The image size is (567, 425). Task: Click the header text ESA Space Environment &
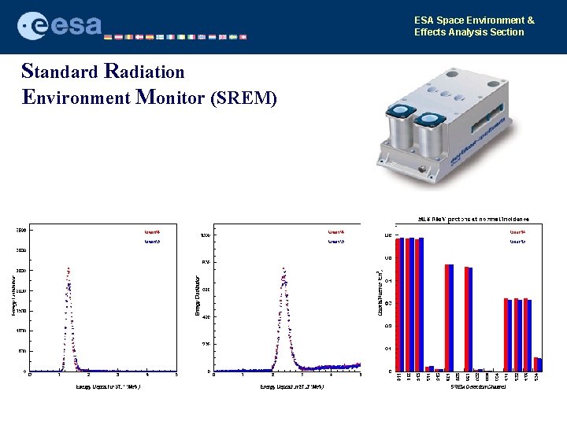click(x=474, y=20)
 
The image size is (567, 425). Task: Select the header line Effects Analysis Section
click(x=469, y=32)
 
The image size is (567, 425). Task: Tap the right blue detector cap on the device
click(x=430, y=121)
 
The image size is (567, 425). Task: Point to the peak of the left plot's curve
click(x=69, y=269)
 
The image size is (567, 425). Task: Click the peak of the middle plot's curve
click(x=282, y=271)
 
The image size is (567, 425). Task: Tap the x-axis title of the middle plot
click(x=287, y=386)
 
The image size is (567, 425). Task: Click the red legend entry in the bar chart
click(x=517, y=232)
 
